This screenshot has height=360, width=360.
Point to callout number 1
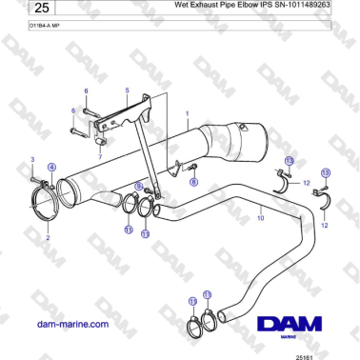click(187, 114)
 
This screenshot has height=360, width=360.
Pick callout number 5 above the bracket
click(127, 90)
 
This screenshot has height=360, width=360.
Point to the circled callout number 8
click(193, 179)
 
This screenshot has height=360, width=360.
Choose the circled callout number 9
click(138, 187)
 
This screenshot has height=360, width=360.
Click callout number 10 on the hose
click(259, 218)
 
